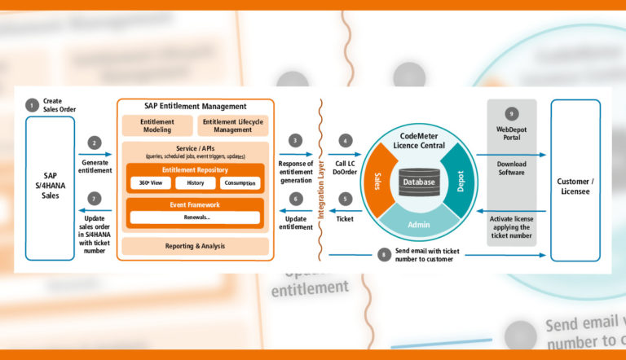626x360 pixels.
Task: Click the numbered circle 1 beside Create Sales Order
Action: tap(32, 104)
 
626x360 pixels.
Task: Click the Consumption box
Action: tap(240, 183)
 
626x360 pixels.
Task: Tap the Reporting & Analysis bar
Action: tap(194, 246)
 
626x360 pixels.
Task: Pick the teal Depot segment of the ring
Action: tap(458, 181)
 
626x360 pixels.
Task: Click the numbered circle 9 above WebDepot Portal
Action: tap(511, 113)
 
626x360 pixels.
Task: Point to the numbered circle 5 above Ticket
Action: tap(346, 198)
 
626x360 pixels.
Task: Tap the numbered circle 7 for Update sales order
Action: tap(95, 199)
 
